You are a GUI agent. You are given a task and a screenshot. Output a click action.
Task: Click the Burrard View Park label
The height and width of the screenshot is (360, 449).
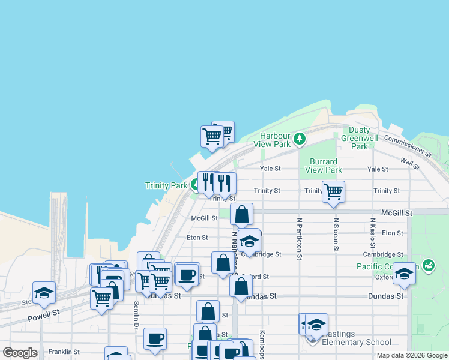click(x=324, y=166)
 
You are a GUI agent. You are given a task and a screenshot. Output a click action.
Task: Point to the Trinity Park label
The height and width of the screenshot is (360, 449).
click(x=166, y=186)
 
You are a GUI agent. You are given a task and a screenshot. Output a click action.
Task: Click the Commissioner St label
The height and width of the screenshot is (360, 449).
click(x=408, y=146)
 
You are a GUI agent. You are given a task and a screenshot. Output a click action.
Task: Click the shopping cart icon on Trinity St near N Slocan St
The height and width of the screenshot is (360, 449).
click(x=333, y=192)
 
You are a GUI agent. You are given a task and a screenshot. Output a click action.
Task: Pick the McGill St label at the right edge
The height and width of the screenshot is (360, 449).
click(x=396, y=213)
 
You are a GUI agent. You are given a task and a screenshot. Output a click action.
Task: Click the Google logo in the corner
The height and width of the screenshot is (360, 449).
click(x=20, y=353)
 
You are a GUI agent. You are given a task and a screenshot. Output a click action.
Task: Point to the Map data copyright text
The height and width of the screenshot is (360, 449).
click(x=411, y=355)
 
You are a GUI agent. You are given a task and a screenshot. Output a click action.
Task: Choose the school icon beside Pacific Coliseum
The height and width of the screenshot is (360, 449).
click(x=405, y=274)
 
